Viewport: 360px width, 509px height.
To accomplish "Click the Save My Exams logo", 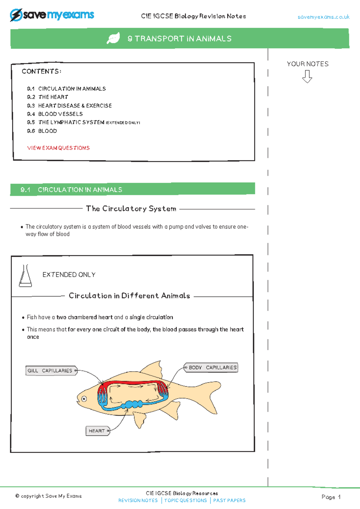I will [52, 15].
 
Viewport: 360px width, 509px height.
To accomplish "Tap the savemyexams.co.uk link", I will [323, 17].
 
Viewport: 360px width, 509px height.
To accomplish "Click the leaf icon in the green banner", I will [113, 38].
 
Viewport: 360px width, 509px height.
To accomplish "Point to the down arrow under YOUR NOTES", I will [307, 77].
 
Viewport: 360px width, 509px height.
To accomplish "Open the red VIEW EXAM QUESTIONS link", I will [58, 148].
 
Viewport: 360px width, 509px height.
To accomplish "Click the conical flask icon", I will [25, 276].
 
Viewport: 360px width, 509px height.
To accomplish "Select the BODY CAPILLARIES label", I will [212, 367].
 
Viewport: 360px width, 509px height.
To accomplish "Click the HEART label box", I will [97, 431].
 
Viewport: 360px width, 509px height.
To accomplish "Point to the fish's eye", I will [84, 399].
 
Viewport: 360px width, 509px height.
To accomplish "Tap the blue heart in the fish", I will [132, 404].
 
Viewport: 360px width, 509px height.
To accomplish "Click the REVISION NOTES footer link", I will [138, 500].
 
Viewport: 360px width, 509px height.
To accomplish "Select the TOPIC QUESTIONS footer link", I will [185, 500].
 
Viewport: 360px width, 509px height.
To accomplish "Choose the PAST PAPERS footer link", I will [229, 500].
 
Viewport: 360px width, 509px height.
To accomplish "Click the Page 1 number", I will [331, 497].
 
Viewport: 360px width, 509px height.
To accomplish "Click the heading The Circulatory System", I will [131, 209].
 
